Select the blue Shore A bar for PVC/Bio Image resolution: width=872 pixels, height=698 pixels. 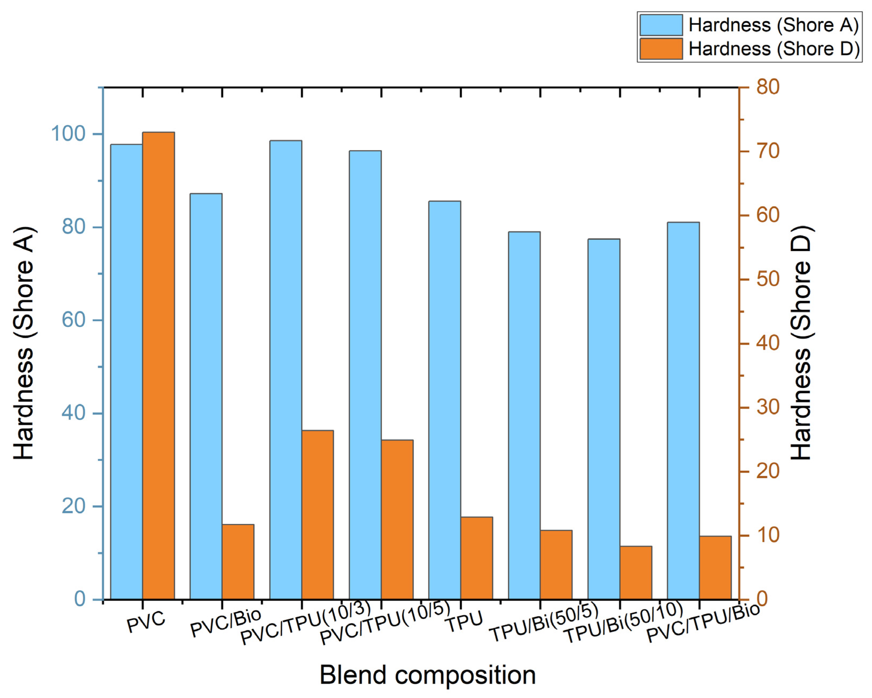pyautogui.click(x=206, y=396)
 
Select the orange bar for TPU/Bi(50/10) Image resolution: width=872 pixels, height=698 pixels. pyautogui.click(x=636, y=572)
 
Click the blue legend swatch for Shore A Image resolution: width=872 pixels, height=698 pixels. pyautogui.click(x=661, y=25)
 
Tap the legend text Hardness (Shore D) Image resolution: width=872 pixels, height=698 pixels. pyautogui.click(x=774, y=49)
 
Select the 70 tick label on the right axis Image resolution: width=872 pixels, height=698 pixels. pyautogui.click(x=768, y=151)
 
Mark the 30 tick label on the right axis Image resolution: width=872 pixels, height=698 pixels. pyautogui.click(x=768, y=407)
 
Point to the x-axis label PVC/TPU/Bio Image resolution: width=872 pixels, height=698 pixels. pyautogui.click(x=703, y=623)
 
